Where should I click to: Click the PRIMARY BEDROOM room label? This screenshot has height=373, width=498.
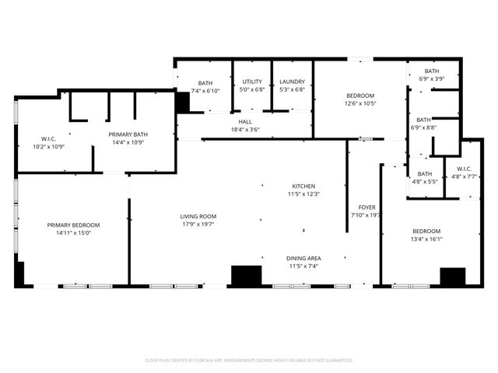(73, 225)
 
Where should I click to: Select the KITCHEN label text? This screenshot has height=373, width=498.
(303, 186)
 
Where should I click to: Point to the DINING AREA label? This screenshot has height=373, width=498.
(303, 258)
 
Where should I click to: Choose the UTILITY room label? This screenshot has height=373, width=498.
(252, 82)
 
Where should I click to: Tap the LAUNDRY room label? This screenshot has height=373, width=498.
(292, 82)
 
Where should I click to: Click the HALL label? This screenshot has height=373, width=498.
(245, 122)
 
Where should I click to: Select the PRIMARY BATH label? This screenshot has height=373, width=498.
(128, 134)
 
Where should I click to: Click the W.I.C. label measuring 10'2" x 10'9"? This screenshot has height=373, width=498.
(47, 139)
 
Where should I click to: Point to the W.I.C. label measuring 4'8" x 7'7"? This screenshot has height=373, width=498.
(463, 169)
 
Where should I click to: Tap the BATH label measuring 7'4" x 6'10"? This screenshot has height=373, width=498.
(205, 83)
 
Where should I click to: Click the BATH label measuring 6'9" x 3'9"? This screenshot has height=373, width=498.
(432, 72)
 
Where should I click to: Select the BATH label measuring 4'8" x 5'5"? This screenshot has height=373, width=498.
(425, 174)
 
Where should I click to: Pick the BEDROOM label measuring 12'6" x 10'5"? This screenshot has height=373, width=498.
(360, 96)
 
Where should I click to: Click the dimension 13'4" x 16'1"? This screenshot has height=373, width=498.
(426, 239)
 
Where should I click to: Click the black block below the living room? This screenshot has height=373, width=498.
(247, 277)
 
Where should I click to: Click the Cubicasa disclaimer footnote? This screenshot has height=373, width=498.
(249, 360)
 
